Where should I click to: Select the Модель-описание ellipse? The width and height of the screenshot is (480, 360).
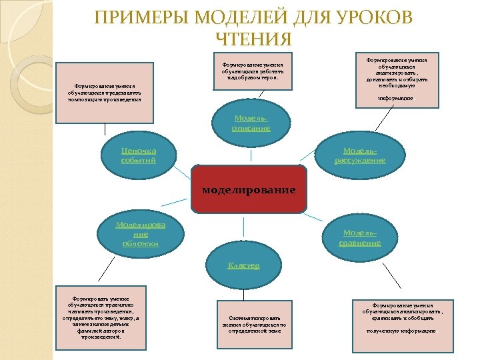click(x=251, y=122)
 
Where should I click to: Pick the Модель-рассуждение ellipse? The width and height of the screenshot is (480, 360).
click(x=359, y=155)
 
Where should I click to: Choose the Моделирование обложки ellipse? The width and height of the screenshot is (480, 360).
click(x=140, y=234)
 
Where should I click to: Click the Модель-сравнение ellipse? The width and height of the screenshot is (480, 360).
click(x=360, y=238)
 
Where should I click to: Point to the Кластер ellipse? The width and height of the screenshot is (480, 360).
click(x=244, y=265)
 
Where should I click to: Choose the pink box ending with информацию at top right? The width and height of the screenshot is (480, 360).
click(x=397, y=81)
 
